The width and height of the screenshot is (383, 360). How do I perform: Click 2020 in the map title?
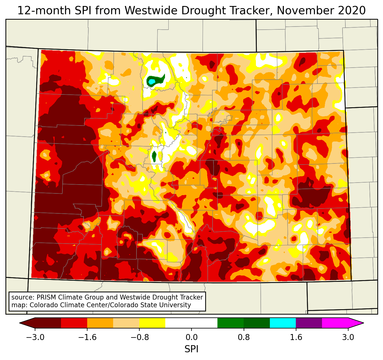(x=352, y=11)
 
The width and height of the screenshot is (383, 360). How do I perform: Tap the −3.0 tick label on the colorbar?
(x=35, y=337)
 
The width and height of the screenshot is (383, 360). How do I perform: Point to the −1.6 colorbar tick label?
(x=87, y=337)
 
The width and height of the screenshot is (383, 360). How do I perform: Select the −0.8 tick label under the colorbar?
(x=139, y=337)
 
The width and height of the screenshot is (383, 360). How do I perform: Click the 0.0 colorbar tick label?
(x=191, y=337)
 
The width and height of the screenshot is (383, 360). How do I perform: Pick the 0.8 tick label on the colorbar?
(x=244, y=337)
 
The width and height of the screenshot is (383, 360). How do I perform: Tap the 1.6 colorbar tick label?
(x=296, y=337)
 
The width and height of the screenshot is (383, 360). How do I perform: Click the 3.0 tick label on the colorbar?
(x=348, y=337)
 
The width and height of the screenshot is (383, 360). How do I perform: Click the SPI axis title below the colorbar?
(x=191, y=349)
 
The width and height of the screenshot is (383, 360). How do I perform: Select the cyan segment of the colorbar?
(x=283, y=323)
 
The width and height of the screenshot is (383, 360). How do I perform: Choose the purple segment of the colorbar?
(x=309, y=323)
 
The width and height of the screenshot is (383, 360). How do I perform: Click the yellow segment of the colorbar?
(x=152, y=323)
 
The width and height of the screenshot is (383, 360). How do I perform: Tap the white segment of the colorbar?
(x=191, y=323)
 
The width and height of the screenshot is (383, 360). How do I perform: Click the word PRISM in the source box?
(x=46, y=297)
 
